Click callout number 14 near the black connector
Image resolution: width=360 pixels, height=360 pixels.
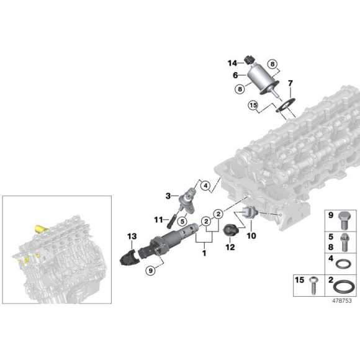tap(232, 63)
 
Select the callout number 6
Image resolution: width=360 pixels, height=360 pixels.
tap(235, 75)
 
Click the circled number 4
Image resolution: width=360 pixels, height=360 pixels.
tap(205, 184)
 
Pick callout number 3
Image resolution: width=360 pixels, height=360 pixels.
tap(168, 196)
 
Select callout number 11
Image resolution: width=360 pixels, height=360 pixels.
tap(158, 218)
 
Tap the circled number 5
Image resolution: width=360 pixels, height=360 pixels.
tap(182, 220)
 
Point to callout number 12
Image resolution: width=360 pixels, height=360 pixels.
tap(230, 248)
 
